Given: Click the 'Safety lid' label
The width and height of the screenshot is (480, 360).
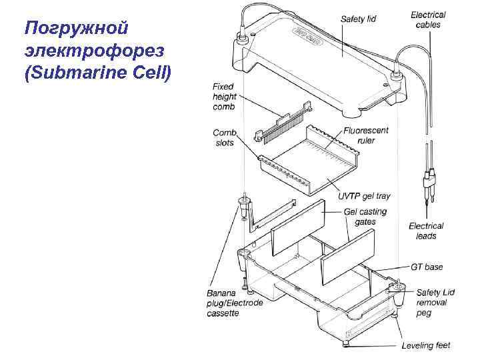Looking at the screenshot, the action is (x=358, y=19).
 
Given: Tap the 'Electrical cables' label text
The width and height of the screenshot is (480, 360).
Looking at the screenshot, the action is (x=428, y=19).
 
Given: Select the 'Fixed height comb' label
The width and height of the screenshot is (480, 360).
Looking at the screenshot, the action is (x=225, y=97).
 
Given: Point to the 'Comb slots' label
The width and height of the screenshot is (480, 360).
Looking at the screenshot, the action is (x=225, y=137).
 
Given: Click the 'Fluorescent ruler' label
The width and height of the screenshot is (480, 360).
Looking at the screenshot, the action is (x=366, y=135).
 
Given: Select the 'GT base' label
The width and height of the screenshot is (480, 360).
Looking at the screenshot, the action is (x=427, y=267).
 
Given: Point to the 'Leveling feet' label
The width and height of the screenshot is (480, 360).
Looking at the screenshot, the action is (x=426, y=345).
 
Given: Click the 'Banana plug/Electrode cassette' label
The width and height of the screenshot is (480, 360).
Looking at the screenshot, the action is (x=234, y=303).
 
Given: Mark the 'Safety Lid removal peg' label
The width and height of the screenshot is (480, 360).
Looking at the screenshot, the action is (x=436, y=303).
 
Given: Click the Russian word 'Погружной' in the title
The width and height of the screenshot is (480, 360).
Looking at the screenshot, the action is (x=75, y=29).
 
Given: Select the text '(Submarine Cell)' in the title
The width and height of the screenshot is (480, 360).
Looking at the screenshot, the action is (x=97, y=72).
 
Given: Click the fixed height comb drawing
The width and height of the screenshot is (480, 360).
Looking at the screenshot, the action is (x=284, y=124).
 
